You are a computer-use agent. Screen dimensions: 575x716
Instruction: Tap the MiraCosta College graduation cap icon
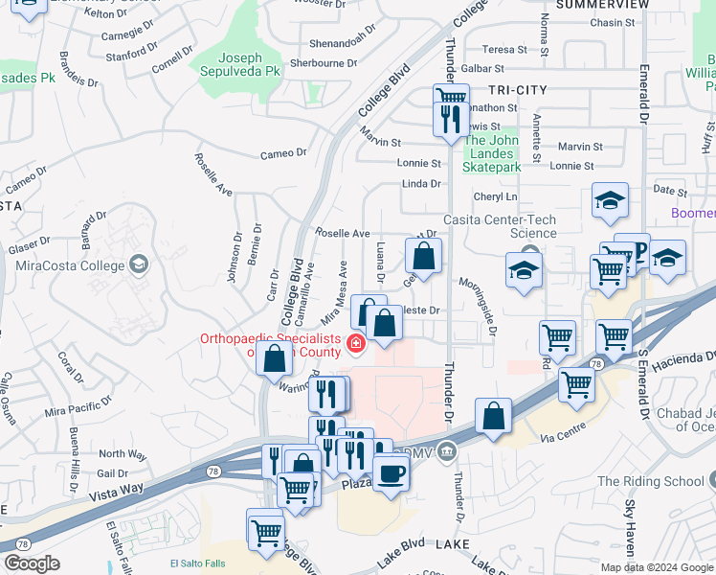(x=140, y=264)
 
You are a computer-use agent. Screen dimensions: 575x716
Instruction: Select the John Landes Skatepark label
(x=492, y=153)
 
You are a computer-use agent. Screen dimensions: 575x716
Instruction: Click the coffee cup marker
(x=390, y=471)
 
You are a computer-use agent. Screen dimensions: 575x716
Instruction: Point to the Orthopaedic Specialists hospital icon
(x=356, y=343)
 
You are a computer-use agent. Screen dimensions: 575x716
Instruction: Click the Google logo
(x=32, y=563)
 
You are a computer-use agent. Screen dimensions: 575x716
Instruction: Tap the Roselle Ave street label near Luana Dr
(x=343, y=233)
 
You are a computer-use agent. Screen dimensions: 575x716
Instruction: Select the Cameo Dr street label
(x=283, y=152)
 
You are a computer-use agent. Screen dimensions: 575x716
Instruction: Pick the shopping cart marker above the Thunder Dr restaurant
(x=451, y=97)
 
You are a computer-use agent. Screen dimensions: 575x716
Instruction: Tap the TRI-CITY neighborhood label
(x=518, y=90)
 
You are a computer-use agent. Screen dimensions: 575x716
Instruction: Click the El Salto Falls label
(x=196, y=563)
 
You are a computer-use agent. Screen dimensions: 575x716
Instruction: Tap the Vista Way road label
(x=116, y=492)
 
